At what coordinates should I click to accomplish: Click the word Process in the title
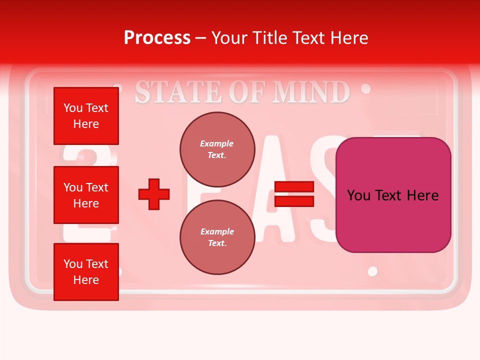tap(157, 38)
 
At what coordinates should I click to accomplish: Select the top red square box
tap(86, 116)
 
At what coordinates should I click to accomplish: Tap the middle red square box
tap(86, 195)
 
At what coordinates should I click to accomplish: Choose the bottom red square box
tap(86, 272)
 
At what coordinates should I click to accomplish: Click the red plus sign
tap(154, 194)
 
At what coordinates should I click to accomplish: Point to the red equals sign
tap(294, 194)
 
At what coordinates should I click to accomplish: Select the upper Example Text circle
tap(217, 149)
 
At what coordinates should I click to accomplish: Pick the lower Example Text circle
tap(217, 237)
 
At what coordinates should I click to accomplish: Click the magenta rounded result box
tap(393, 195)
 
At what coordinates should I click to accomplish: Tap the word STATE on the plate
tap(179, 92)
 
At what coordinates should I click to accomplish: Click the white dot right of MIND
tap(366, 88)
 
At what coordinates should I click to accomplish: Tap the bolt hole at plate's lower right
tap(372, 271)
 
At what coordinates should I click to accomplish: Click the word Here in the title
tap(348, 38)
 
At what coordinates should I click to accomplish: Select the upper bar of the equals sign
tap(294, 187)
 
